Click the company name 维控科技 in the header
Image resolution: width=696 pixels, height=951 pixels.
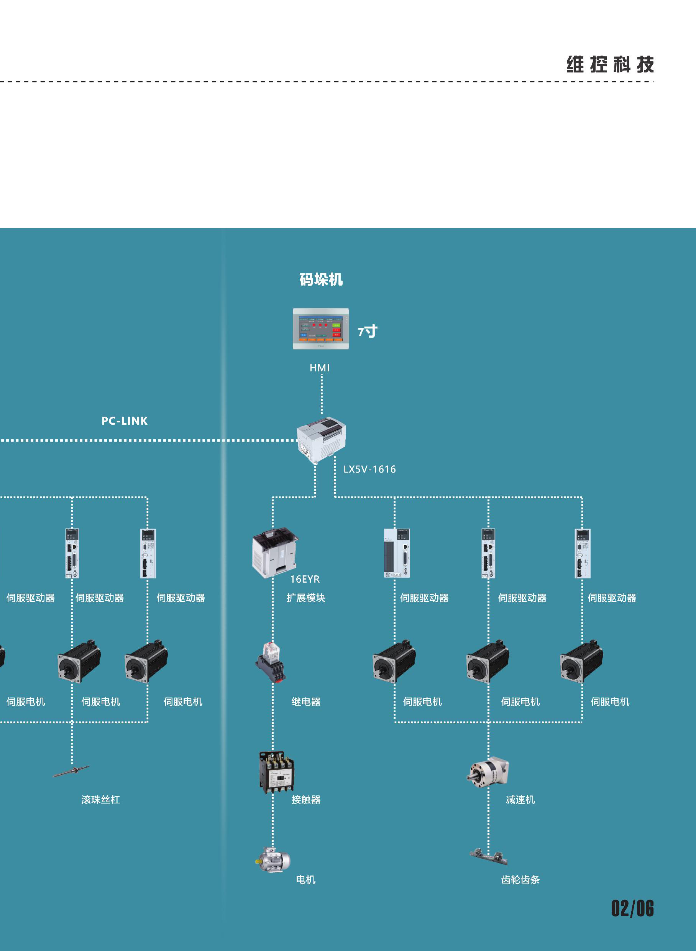click(x=610, y=65)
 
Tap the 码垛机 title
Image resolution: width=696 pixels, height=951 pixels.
click(x=321, y=280)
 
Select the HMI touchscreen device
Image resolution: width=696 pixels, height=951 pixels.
click(x=321, y=328)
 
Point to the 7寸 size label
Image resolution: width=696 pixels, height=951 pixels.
click(x=368, y=332)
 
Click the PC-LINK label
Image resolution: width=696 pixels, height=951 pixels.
click(x=125, y=421)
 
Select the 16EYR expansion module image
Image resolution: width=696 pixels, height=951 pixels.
click(x=275, y=553)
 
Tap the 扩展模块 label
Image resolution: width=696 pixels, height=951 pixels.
click(x=306, y=598)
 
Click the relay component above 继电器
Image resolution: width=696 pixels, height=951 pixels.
click(x=271, y=662)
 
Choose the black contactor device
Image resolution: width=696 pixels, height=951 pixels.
click(x=276, y=772)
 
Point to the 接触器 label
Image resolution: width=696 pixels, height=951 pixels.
click(x=306, y=800)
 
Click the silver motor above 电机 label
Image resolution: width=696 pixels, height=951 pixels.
click(x=273, y=859)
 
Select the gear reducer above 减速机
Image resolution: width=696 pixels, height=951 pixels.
click(x=488, y=772)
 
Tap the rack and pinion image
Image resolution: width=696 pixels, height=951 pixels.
click(x=489, y=856)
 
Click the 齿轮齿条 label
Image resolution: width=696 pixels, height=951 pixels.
click(x=520, y=880)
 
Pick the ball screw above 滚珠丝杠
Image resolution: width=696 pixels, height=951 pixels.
click(x=71, y=772)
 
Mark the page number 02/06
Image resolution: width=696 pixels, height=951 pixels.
click(x=632, y=909)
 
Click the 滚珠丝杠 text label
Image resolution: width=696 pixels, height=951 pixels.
click(x=101, y=800)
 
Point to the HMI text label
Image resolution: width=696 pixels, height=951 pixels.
click(x=320, y=368)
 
